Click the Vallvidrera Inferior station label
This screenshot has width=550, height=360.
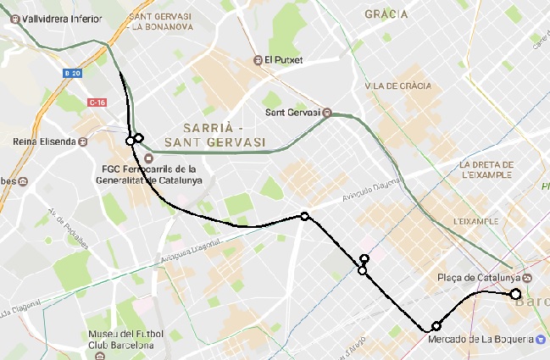click(x=57, y=16)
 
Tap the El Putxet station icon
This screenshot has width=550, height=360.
click(x=258, y=60)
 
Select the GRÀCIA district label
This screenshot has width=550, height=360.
click(x=386, y=14)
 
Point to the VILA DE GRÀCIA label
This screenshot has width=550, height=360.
click(x=397, y=86)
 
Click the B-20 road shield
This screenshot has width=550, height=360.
click(x=72, y=74)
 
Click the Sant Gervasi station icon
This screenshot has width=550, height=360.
click(x=326, y=112)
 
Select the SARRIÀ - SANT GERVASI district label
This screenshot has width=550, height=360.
click(x=214, y=133)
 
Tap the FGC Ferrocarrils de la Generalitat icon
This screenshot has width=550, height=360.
click(x=149, y=158)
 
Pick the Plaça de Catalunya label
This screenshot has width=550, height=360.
click(x=477, y=278)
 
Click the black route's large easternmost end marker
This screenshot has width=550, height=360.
click(x=515, y=294)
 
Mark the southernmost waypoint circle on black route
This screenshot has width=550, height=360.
click(x=436, y=326)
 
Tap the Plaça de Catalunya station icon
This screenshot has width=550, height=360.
click(x=527, y=278)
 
